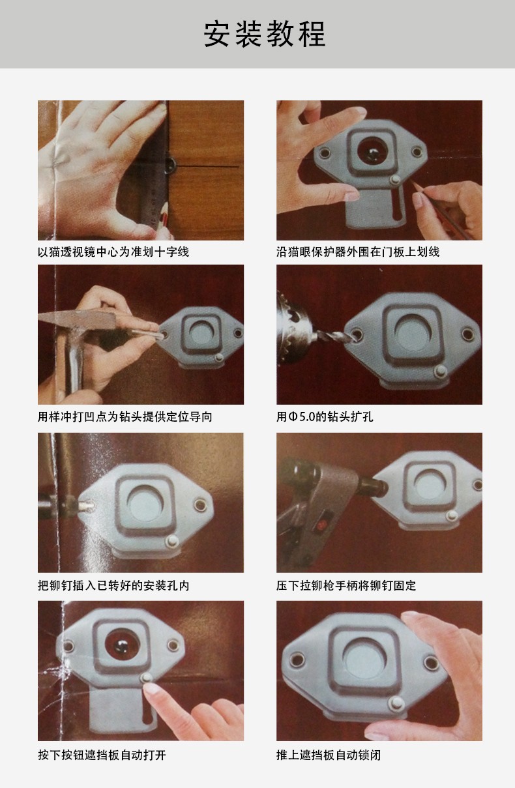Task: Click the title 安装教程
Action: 265,34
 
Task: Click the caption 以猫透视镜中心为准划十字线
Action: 113,252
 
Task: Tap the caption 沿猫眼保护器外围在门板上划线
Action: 358,252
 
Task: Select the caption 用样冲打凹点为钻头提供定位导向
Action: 125,416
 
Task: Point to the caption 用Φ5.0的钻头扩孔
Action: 325,416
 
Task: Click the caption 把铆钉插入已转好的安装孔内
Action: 113,585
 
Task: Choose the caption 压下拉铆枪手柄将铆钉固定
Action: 346,585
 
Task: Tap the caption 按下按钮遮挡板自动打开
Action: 102,755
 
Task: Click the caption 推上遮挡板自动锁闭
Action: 329,755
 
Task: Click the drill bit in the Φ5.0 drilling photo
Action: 334,336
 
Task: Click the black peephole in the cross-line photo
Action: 170,164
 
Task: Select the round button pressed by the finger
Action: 146,677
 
